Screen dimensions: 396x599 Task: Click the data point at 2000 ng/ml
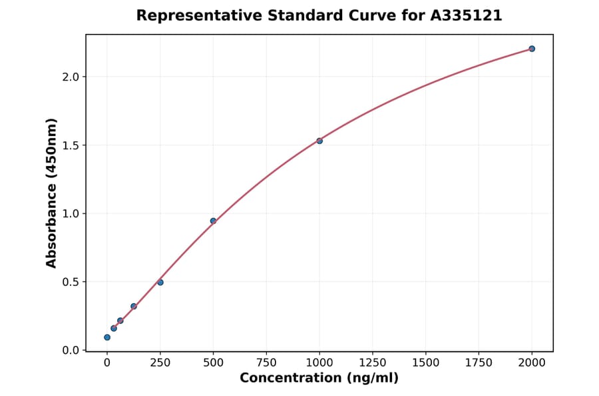[532, 49]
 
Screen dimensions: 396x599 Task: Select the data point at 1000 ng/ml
[319, 141]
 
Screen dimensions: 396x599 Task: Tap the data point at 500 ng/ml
[213, 221]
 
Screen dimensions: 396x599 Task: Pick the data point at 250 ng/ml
[160, 283]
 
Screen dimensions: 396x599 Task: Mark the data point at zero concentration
[107, 337]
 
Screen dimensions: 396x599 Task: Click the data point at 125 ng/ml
[134, 307]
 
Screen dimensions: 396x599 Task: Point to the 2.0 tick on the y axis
[71, 77]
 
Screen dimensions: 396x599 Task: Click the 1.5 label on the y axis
[71, 145]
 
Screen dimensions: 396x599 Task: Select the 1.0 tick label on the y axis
[71, 213]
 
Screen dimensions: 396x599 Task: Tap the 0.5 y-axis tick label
[71, 282]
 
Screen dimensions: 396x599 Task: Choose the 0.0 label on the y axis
[71, 350]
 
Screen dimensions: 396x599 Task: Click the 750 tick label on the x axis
[266, 363]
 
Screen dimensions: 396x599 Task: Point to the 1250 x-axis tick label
[373, 363]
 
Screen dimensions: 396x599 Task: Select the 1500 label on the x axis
[426, 363]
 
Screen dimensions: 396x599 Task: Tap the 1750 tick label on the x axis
[479, 363]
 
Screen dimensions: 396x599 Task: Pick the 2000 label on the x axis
[532, 363]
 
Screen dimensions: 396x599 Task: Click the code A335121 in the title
[466, 15]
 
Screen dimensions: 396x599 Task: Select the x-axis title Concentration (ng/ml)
[319, 379]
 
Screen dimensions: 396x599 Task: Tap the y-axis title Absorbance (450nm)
[51, 193]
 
